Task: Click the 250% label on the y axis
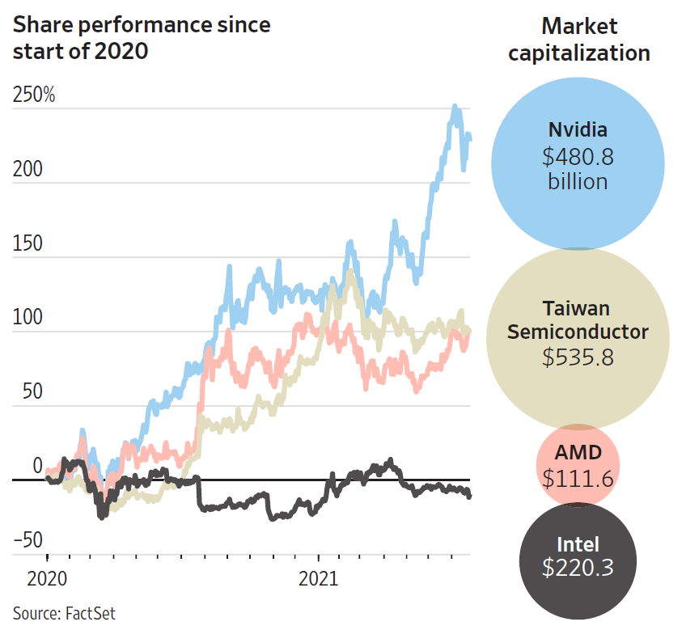click(x=33, y=95)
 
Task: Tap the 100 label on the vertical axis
click(x=27, y=317)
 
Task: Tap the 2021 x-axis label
click(x=319, y=579)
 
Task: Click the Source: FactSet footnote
click(x=64, y=613)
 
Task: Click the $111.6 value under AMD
click(x=578, y=479)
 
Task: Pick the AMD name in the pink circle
click(x=578, y=454)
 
